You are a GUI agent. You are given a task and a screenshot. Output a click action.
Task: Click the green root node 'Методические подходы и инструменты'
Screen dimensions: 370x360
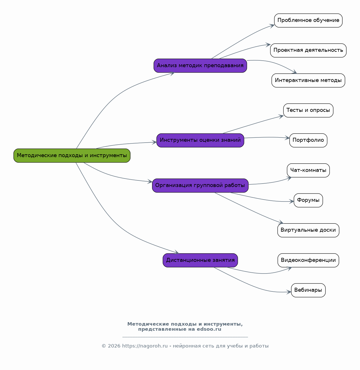[72, 155]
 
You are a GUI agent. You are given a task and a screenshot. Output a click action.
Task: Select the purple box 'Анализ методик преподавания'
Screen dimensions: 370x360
[200, 65]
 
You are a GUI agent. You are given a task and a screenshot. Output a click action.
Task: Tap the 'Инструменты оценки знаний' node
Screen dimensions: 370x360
[200, 140]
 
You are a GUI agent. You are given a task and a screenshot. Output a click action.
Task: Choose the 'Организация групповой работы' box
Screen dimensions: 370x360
[200, 185]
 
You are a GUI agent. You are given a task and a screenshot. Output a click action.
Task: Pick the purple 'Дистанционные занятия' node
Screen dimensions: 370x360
[200, 260]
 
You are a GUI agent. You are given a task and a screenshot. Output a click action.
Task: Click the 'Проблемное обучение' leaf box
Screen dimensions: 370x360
[308, 20]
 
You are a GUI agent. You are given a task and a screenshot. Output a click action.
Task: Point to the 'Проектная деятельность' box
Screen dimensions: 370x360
[308, 50]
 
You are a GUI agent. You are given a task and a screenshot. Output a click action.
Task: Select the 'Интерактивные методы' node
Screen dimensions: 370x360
[308, 80]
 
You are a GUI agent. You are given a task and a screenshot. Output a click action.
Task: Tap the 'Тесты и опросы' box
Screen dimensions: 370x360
[308, 110]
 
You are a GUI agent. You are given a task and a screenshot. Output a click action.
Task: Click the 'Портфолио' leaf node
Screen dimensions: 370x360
[308, 140]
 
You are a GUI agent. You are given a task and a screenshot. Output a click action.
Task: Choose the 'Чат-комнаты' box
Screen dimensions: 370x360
[308, 170]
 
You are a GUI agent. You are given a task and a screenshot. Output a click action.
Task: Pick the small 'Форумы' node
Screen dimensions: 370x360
[308, 200]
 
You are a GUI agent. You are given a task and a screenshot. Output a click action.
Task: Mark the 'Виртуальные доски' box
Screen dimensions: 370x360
[308, 230]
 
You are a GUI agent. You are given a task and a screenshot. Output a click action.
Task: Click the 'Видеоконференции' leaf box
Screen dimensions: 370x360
[308, 260]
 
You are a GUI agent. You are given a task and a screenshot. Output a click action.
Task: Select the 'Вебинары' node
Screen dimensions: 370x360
[308, 290]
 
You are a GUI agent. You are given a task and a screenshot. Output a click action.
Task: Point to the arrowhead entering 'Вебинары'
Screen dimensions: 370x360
[289, 292]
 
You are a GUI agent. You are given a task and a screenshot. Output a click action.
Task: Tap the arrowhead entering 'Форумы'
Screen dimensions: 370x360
[292, 202]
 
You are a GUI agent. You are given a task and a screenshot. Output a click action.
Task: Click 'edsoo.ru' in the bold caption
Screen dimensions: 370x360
[209, 329]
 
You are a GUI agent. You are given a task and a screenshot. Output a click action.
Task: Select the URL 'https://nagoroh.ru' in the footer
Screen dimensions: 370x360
[145, 346]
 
